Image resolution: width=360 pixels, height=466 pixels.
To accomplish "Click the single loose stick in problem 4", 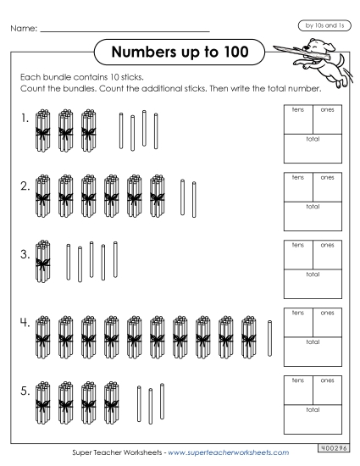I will pyautogui.click(x=270, y=336).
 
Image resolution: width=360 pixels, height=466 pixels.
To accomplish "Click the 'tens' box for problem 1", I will pyautogui.click(x=299, y=119).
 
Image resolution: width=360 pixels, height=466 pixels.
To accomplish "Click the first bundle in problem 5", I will pyautogui.click(x=42, y=398).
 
